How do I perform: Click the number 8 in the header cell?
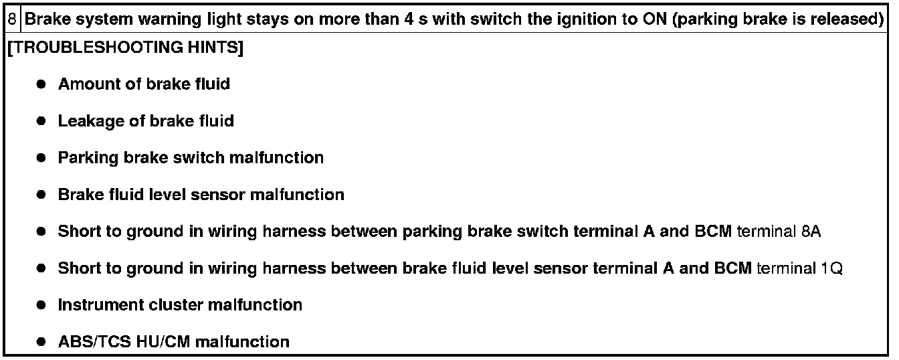coord(12,19)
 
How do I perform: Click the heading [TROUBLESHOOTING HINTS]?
coord(124,48)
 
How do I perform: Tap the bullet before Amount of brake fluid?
coord(41,84)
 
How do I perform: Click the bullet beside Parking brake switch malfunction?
coord(41,158)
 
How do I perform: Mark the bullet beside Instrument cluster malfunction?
coord(41,305)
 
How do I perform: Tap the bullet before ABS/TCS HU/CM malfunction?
coord(41,342)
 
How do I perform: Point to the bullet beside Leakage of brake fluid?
coord(41,121)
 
